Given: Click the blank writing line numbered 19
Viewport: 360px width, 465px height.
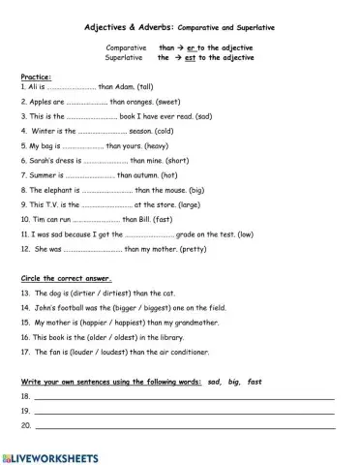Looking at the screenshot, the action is [184, 414].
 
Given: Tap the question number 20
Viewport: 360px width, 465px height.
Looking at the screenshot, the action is [25, 425].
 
